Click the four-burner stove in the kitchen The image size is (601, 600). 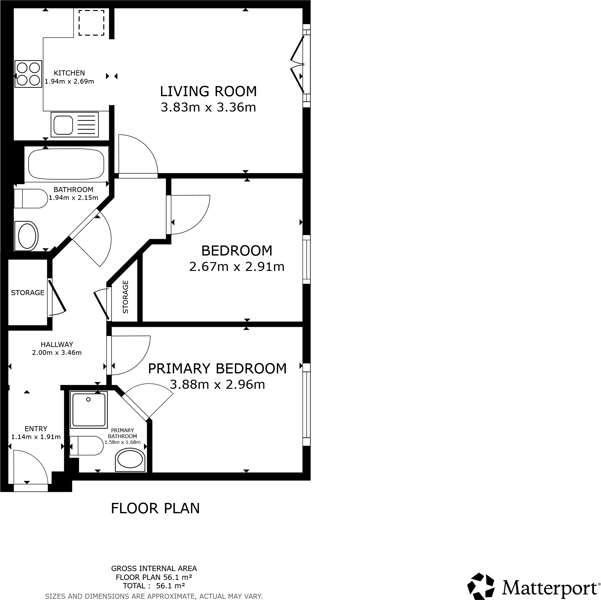coord(28,74)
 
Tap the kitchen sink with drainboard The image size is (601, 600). coord(75,124)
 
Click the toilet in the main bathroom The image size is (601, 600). coord(31,198)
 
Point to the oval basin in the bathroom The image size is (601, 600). coord(27,236)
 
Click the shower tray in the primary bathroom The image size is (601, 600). coord(89,410)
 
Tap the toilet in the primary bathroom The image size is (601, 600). coord(86,445)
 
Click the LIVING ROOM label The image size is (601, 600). coord(208,91)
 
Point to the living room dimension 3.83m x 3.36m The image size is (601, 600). coord(208,107)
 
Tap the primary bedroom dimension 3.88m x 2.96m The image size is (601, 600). coord(217,384)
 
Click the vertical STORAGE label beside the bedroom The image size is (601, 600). coord(125,297)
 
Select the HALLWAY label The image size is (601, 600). coord(57,344)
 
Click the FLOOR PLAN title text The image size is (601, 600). coord(155,508)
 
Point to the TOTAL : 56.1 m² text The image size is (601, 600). coord(154,586)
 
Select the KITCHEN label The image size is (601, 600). coord(69,73)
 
